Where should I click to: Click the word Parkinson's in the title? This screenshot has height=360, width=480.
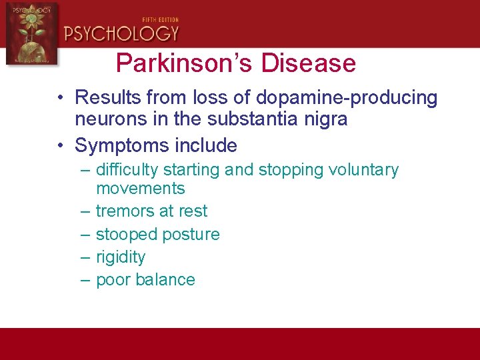(185, 64)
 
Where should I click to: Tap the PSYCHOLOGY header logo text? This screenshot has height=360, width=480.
(122, 33)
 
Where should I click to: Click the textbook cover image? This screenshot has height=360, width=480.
(31, 33)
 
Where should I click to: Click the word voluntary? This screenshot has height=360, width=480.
(363, 170)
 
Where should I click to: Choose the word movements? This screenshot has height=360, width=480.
(140, 188)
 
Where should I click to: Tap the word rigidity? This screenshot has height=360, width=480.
(121, 257)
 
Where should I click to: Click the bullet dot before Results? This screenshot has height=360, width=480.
(61, 98)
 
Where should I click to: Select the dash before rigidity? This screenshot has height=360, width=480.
(85, 257)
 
